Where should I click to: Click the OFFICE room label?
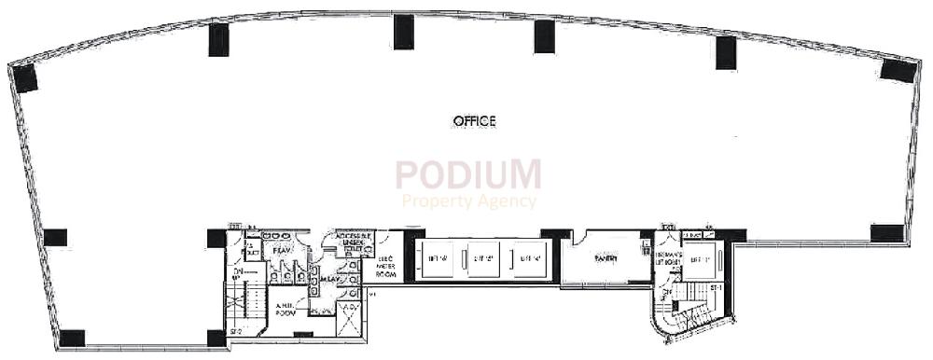click(x=473, y=121)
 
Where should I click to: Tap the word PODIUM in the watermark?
click(x=467, y=175)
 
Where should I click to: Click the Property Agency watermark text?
click(x=468, y=201)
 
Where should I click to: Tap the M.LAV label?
click(x=328, y=279)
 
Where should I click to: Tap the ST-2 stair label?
click(x=236, y=331)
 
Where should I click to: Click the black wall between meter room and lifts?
click(x=409, y=256)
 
